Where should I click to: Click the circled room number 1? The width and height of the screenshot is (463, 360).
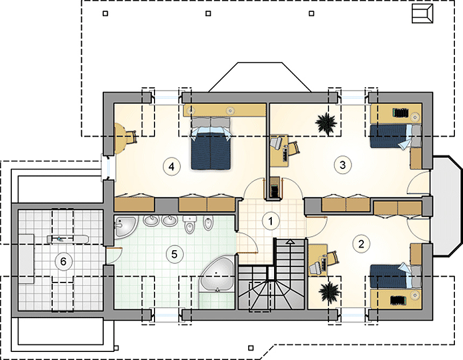click(271, 220)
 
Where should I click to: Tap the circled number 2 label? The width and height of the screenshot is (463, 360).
click(361, 243)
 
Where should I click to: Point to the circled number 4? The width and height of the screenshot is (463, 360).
click(171, 166)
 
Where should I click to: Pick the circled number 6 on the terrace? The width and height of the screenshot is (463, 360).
click(63, 262)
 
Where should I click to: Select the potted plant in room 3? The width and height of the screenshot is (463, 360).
click(326, 123)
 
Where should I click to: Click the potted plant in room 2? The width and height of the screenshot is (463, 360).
click(327, 293)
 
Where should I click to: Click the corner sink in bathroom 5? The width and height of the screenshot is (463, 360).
click(124, 226)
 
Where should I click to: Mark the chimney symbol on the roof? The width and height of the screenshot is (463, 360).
click(422, 14)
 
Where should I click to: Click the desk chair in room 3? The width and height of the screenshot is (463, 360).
click(277, 142)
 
